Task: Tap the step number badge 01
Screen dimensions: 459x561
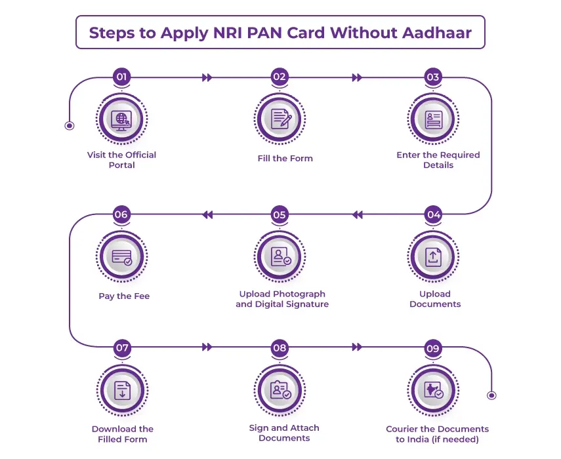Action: click(121, 77)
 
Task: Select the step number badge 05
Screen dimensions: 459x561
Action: click(280, 214)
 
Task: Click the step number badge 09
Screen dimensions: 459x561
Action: click(433, 348)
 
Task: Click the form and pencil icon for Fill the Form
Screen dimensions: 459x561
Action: click(281, 119)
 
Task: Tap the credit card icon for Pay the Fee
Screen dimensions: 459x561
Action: click(121, 256)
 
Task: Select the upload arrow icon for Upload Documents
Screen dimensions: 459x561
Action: click(434, 256)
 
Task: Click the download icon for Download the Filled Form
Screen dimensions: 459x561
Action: click(122, 391)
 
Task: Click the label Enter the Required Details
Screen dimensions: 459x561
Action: click(438, 160)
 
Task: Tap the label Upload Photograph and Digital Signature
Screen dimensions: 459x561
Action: click(282, 299)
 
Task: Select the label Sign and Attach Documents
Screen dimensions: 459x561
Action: click(284, 433)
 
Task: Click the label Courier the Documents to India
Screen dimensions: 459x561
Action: click(437, 434)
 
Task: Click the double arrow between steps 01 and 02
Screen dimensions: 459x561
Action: click(207, 77)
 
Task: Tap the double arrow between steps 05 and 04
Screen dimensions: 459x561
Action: click(357, 214)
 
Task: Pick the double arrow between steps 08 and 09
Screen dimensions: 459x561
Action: click(357, 348)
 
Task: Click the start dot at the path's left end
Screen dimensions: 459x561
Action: click(70, 125)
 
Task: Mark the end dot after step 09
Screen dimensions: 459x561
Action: click(491, 395)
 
